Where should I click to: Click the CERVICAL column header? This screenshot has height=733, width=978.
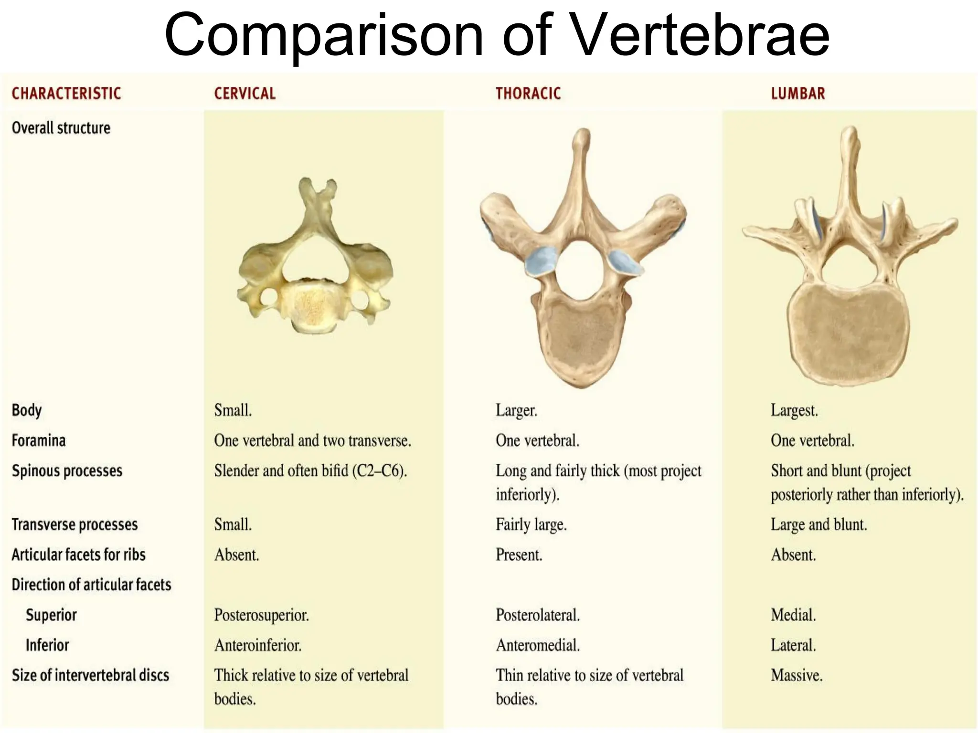coord(244,94)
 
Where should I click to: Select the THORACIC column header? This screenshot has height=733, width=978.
coord(528,94)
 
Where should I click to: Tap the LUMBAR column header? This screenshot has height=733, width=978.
coord(797,94)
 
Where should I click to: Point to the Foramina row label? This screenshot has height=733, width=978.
coord(39,440)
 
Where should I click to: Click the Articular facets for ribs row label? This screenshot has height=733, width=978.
coord(78,555)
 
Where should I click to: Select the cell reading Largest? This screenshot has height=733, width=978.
coord(794,410)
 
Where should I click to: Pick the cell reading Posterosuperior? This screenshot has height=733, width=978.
coord(261,615)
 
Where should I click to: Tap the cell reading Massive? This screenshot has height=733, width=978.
coord(797,675)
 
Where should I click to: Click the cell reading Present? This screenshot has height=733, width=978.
coord(519,555)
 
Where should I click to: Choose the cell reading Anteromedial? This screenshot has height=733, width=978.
coord(538,645)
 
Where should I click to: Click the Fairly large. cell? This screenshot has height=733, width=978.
coord(531,524)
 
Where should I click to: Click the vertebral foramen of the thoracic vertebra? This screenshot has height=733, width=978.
coord(581,270)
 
